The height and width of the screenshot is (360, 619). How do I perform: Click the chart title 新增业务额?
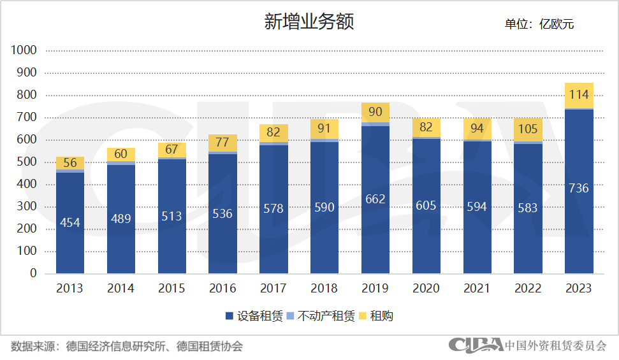(x=309, y=22)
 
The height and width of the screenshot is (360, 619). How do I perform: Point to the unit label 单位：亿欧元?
(x=539, y=24)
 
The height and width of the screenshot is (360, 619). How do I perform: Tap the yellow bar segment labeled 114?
(x=579, y=95)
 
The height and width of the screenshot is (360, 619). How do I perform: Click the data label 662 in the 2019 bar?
(x=375, y=199)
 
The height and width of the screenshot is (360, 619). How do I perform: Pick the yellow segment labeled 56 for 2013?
(x=70, y=162)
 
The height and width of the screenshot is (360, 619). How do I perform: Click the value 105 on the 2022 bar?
(x=528, y=130)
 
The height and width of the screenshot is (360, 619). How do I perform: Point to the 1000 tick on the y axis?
(x=24, y=50)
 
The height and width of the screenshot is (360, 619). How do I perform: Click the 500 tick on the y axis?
(x=27, y=162)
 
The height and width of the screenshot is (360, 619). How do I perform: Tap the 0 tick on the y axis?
(x=32, y=273)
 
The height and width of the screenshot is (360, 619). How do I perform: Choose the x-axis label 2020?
(x=426, y=289)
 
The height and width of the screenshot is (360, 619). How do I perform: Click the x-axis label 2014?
(x=120, y=289)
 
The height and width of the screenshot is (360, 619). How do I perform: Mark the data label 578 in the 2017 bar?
(x=273, y=208)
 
